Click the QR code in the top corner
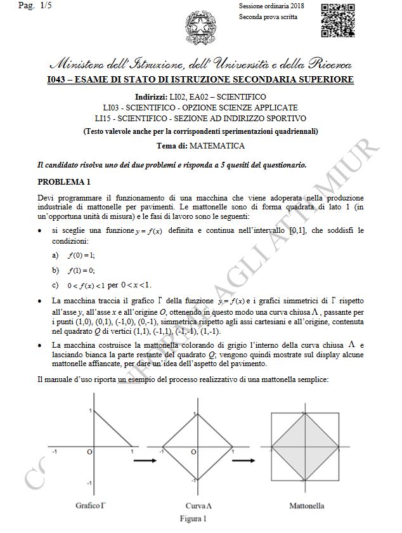point(337,20)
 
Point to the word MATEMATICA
point(217,145)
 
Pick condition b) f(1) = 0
point(81,270)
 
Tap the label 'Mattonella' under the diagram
point(307,506)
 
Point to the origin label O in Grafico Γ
point(89,452)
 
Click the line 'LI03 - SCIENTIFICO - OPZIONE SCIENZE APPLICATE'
point(200,108)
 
